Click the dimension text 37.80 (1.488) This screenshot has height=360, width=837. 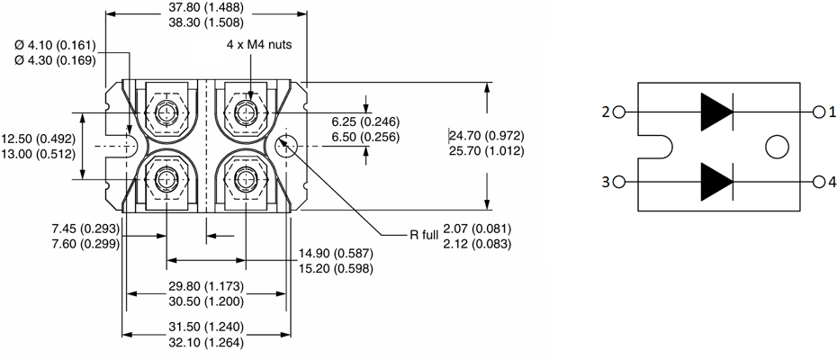(205, 7)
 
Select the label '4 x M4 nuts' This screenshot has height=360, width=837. (259, 45)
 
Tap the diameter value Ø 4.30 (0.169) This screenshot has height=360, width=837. (55, 60)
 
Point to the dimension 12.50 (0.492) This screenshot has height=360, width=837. (38, 139)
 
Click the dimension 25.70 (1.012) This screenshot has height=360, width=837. (486, 151)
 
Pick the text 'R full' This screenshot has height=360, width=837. (425, 235)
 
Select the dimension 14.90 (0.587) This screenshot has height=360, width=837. (336, 253)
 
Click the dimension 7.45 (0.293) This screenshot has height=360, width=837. (85, 229)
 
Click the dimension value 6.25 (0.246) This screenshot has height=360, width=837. (365, 121)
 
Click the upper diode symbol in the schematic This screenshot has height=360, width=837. (716, 112)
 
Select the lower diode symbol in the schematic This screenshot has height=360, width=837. (716, 182)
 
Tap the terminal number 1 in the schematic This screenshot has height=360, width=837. (832, 112)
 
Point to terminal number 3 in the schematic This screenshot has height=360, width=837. (606, 182)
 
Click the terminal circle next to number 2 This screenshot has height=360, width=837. (619, 112)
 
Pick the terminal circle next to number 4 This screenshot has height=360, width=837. (819, 182)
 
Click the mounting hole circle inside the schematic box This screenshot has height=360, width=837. (777, 147)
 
